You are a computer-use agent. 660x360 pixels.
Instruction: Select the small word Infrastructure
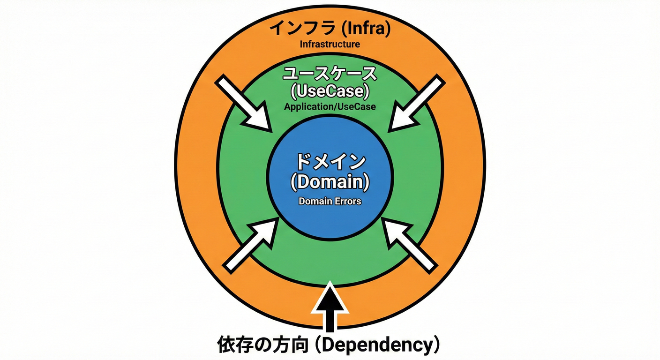pyautogui.click(x=330, y=45)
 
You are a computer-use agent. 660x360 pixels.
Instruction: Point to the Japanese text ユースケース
pyautogui.click(x=330, y=74)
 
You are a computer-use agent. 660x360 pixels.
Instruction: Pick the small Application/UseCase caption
pyautogui.click(x=330, y=107)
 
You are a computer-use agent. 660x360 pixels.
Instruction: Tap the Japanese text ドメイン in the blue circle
pyautogui.click(x=330, y=162)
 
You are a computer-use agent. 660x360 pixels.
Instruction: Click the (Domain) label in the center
pyautogui.click(x=330, y=181)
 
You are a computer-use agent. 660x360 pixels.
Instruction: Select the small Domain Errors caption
pyautogui.click(x=330, y=202)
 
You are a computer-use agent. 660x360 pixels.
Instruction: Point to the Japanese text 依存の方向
pyautogui.click(x=262, y=345)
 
